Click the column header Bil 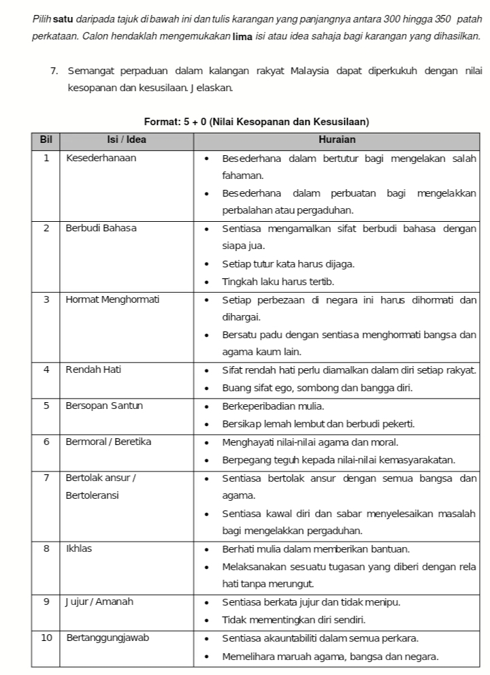pos(46,139)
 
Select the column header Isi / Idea pos(127,139)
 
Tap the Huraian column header pos(337,139)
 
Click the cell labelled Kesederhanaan pos(101,158)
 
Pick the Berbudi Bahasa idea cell pos(101,228)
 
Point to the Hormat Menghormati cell pos(112,299)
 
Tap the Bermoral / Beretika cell pos(108,441)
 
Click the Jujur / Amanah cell pos(99,602)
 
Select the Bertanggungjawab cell pos(107,638)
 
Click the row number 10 pos(46,638)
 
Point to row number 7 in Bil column pos(46,477)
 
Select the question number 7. pos(53,71)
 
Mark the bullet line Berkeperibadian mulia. pos(273,406)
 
